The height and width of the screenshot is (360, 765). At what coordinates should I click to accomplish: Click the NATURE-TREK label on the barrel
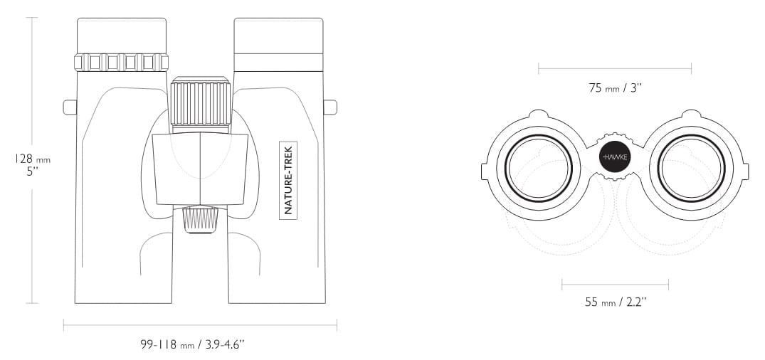coord(287,181)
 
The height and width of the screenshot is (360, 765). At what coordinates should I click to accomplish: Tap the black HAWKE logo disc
coord(615,157)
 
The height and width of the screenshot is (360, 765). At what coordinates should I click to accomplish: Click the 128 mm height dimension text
coord(33,159)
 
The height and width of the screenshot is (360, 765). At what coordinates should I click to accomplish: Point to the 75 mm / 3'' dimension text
coord(615,88)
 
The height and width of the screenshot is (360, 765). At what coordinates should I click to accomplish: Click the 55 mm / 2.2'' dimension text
coord(616,302)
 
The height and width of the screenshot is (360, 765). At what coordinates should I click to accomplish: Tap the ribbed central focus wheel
coord(200,104)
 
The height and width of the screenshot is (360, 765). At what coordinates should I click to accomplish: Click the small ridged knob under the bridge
coord(201,220)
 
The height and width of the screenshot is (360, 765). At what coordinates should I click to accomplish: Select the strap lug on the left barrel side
coord(70,107)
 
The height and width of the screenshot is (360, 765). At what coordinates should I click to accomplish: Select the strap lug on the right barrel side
coord(330,107)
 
